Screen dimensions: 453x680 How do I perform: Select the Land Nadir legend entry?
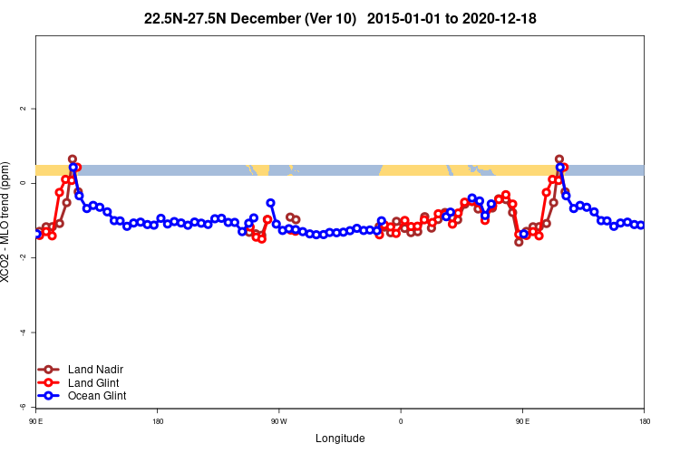click(81, 369)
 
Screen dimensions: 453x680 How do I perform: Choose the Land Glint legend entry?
click(81, 382)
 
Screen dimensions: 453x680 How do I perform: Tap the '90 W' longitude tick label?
click(278, 420)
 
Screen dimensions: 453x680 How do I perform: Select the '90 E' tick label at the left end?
click(35, 420)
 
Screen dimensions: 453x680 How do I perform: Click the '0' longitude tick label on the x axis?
click(401, 420)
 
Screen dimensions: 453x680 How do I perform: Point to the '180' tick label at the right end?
click(644, 420)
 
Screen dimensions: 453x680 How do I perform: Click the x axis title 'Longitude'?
click(340, 439)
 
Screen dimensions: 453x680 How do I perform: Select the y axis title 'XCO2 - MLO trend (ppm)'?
click(8, 226)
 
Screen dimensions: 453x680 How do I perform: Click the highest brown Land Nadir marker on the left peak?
click(73, 159)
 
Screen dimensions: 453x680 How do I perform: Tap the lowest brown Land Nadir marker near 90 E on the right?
click(519, 242)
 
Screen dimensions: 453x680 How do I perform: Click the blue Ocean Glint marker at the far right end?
click(640, 225)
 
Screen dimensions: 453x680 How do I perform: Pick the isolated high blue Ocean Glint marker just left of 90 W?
click(270, 203)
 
